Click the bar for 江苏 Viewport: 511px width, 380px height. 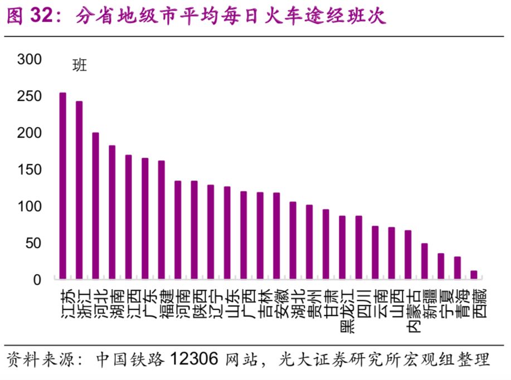63,185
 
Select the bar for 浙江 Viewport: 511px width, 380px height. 79,189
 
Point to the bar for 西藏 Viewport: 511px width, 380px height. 474,274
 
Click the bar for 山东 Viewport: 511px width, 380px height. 227,232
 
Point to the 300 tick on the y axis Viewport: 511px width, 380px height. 30,59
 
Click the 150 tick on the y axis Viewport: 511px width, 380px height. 30,169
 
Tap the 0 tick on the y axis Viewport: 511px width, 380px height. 37,280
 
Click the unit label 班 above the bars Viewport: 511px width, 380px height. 80,66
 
